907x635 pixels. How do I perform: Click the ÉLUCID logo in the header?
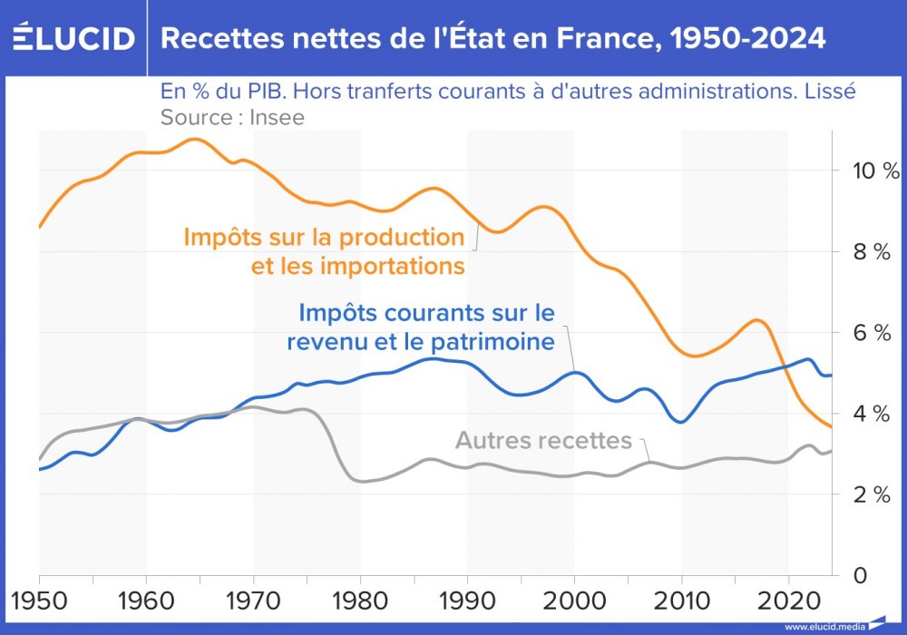tap(73, 38)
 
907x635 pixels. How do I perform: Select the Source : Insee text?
tap(232, 117)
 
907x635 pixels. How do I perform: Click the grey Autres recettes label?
tap(542, 441)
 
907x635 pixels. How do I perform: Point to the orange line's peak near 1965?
tap(193, 140)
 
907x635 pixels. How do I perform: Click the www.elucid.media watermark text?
tap(824, 627)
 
